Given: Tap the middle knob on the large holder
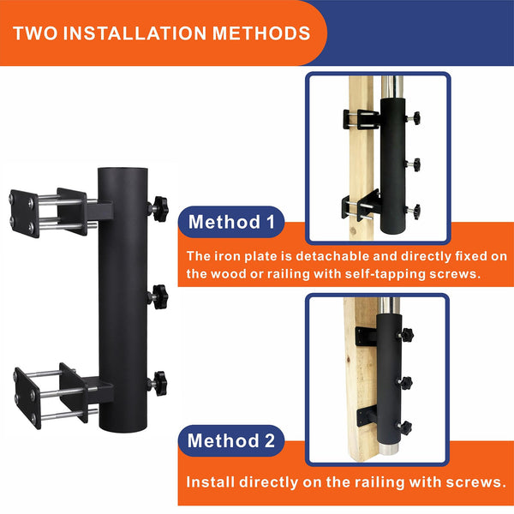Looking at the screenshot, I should (158, 296).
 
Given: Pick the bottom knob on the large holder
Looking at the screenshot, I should (158, 383).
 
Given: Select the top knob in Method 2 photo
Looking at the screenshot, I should (407, 332).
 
